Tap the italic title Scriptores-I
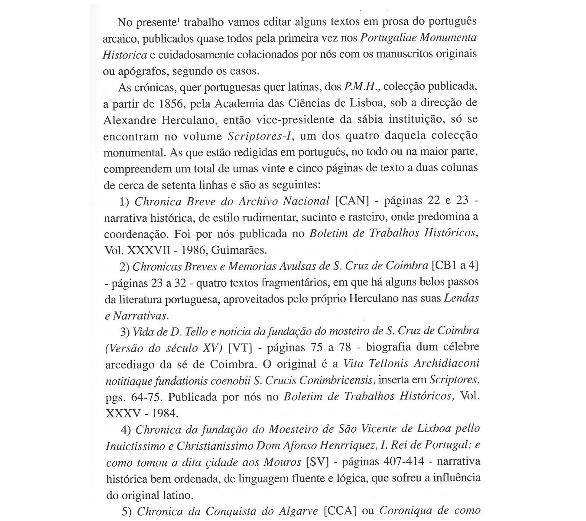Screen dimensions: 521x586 coord(260,136)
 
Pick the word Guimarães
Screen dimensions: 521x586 coord(239,250)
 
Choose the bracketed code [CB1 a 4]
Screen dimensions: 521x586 coord(455,266)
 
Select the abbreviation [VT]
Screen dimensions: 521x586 coord(240,348)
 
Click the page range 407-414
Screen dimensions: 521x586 coord(404,462)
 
